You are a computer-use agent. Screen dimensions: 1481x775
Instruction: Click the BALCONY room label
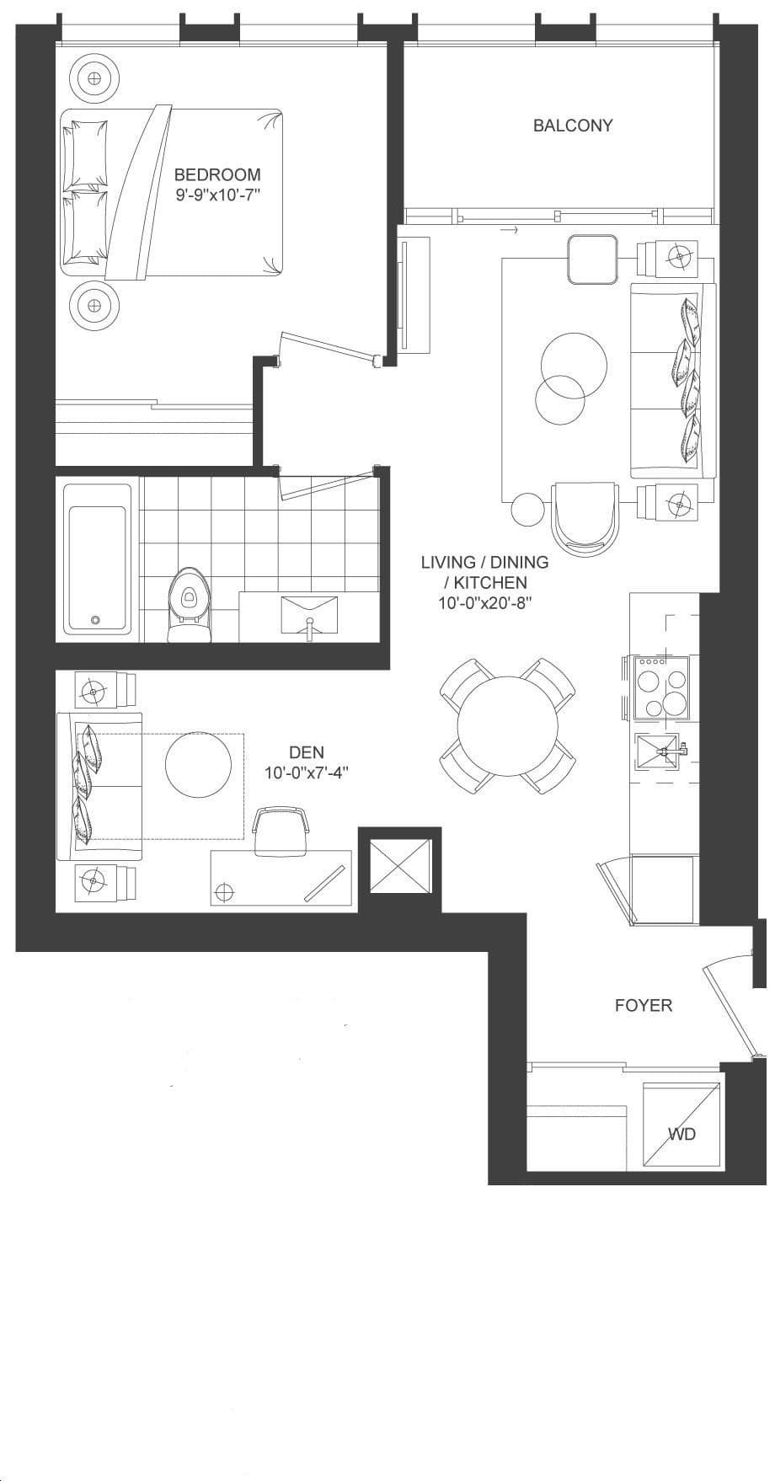tap(573, 126)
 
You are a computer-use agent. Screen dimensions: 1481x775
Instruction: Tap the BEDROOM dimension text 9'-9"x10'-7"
tap(217, 195)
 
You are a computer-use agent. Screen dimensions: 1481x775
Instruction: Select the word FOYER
tap(644, 1005)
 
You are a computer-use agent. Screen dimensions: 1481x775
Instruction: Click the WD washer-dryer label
tap(682, 1134)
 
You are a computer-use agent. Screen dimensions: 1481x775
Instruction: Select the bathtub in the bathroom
tap(98, 569)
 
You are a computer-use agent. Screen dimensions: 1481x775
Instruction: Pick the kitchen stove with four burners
tap(661, 687)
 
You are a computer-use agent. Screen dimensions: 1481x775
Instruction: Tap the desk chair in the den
tap(281, 830)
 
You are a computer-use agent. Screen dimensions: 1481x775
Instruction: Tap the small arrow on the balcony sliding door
tap(508, 229)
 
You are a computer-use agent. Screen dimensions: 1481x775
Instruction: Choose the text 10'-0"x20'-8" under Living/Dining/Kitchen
tap(485, 603)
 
